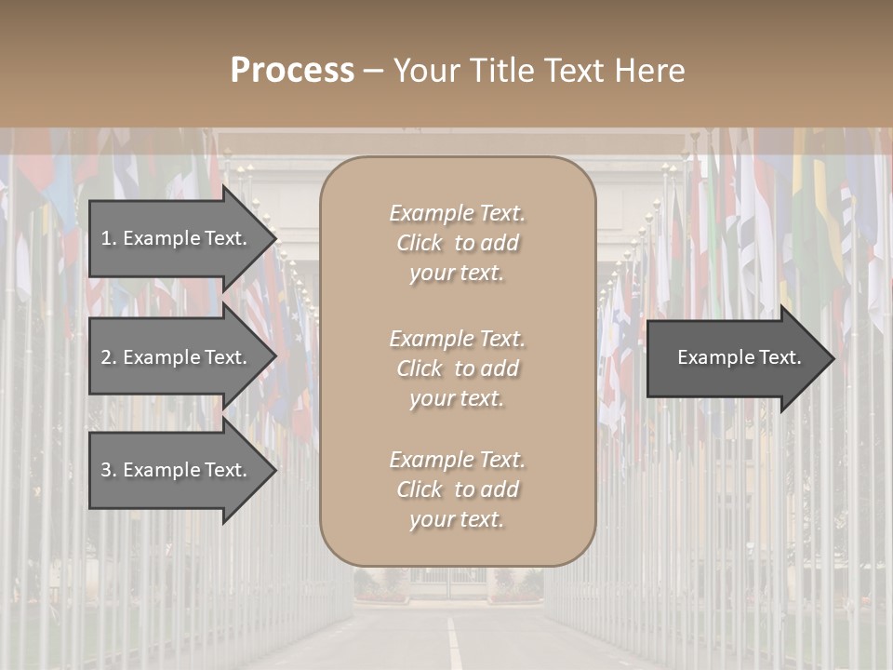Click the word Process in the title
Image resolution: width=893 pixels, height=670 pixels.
292,71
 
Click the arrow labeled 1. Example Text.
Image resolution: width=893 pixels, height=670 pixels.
177,238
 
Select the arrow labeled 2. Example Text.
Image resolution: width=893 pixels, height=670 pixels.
177,357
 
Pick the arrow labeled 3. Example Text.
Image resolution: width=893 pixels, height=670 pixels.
177,470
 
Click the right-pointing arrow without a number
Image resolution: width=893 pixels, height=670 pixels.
735,357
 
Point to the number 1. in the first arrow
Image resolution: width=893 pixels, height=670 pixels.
109,238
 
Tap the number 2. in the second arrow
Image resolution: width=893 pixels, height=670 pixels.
109,357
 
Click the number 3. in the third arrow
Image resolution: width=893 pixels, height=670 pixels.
109,470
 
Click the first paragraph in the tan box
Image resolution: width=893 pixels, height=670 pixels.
457,243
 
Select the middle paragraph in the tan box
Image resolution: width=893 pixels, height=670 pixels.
457,368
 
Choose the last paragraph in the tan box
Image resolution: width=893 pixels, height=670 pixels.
457,489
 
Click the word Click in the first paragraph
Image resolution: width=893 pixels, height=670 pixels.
420,244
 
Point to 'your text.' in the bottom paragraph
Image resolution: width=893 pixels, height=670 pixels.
457,519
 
